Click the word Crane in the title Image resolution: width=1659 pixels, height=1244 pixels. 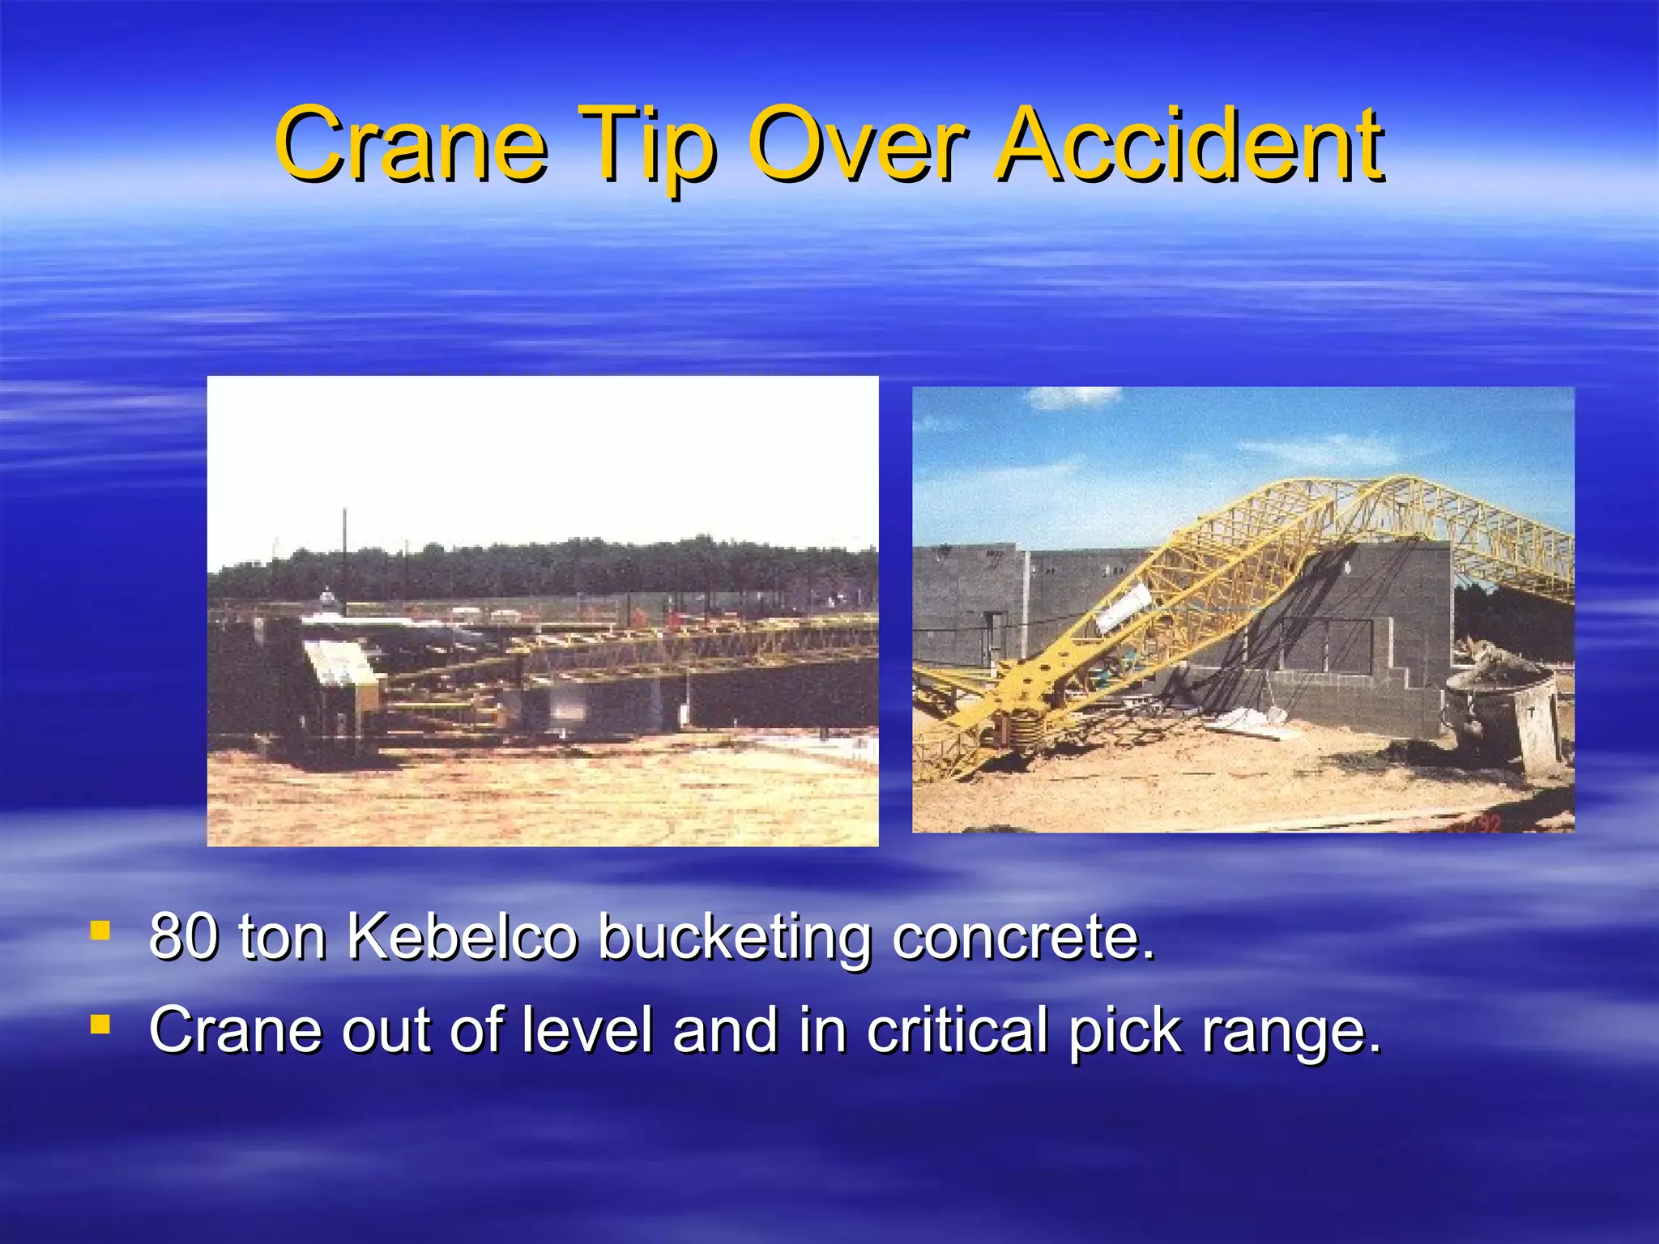[x=412, y=146]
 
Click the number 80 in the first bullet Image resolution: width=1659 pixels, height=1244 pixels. [x=183, y=936]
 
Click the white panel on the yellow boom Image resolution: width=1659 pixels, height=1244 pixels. [x=1123, y=609]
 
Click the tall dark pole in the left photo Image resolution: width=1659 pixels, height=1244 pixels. [x=344, y=559]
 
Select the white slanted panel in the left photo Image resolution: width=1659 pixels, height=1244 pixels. [x=339, y=663]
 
